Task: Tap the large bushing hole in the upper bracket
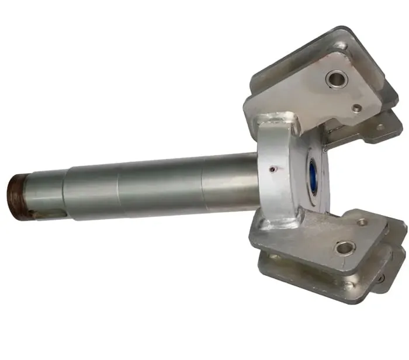[337, 78]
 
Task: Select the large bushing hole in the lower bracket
[345, 248]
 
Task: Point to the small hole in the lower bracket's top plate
[362, 222]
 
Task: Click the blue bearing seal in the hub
[312, 175]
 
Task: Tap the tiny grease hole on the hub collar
[273, 169]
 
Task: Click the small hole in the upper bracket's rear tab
[380, 126]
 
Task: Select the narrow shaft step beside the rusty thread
[47, 193]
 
